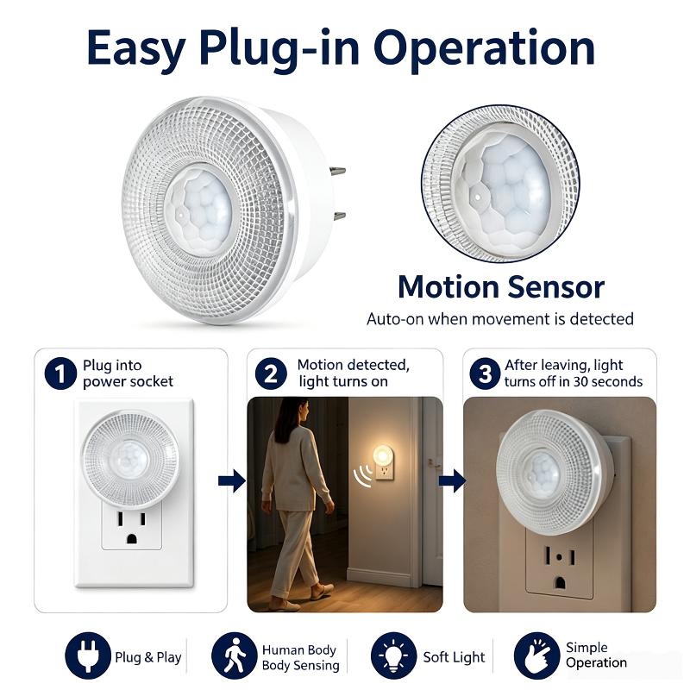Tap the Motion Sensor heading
pyautogui.click(x=501, y=287)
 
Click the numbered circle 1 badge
pyautogui.click(x=60, y=373)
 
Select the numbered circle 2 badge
pyautogui.click(x=271, y=373)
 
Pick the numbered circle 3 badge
pyautogui.click(x=485, y=373)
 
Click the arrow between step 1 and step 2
pyautogui.click(x=232, y=480)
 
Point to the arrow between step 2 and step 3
pyautogui.click(x=452, y=480)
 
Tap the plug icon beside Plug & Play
pyautogui.click(x=88, y=655)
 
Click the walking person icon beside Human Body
pyautogui.click(x=234, y=655)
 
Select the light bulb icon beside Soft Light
pyautogui.click(x=394, y=655)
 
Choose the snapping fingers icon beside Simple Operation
pyautogui.click(x=536, y=655)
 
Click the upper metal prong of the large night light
pyautogui.click(x=338, y=171)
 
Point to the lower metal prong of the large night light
pyautogui.click(x=340, y=216)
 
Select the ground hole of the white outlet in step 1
pyautogui.click(x=132, y=538)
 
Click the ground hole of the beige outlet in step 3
pyautogui.click(x=560, y=583)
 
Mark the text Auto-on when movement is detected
pyautogui.click(x=500, y=318)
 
